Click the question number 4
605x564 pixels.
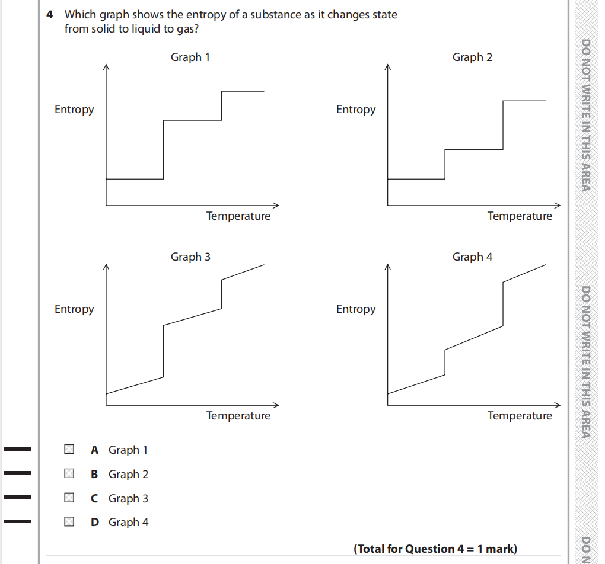(x=50, y=14)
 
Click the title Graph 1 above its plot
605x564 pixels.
(x=190, y=57)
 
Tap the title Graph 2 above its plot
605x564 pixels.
(x=472, y=57)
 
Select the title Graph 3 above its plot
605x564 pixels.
(x=190, y=257)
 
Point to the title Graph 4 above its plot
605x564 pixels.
(x=472, y=257)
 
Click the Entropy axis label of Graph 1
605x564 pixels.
(x=74, y=110)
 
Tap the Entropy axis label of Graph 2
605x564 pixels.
(x=356, y=110)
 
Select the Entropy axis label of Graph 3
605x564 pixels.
(x=74, y=309)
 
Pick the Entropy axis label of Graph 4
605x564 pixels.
(x=356, y=309)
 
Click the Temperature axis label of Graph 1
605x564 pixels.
(x=238, y=216)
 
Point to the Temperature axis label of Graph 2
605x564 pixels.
(x=520, y=216)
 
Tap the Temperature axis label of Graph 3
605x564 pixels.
(x=238, y=416)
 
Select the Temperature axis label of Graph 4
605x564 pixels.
(x=520, y=416)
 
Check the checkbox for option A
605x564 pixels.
(x=69, y=450)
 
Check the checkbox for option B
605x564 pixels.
(x=69, y=474)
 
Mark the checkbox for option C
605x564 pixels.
(x=69, y=498)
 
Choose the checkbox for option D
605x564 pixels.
(x=69, y=522)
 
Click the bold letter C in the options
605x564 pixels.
(x=94, y=499)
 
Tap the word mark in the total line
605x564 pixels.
(x=501, y=549)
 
